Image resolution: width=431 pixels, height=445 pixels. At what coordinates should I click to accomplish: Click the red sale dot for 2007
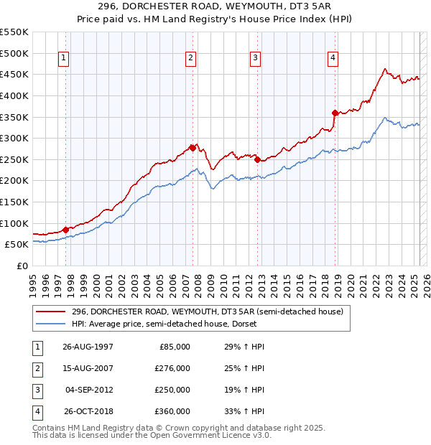point(193,148)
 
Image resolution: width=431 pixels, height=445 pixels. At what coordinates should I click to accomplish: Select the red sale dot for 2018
point(335,113)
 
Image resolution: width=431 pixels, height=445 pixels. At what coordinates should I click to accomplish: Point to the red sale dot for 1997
point(65,230)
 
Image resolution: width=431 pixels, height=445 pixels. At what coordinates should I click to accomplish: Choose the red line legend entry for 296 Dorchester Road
point(208,311)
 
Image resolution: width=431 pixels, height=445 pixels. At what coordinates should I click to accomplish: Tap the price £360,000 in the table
point(172,411)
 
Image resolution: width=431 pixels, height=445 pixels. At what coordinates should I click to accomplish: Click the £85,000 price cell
point(175,347)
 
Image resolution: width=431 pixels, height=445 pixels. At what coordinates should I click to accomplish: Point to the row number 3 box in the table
point(36,390)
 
